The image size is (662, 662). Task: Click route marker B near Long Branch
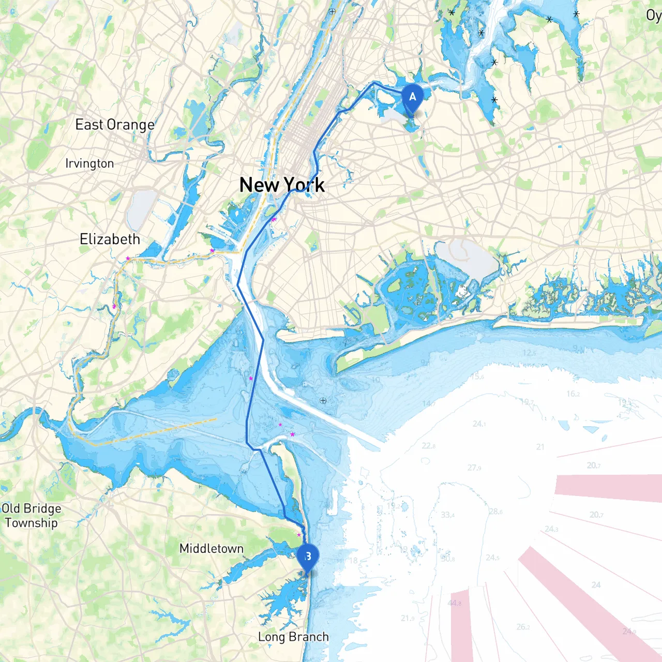[x=308, y=557]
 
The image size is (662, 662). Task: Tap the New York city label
[x=282, y=185]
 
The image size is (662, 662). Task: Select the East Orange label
[x=115, y=125]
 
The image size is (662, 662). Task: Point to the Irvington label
[x=89, y=163]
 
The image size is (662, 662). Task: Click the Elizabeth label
[x=110, y=239]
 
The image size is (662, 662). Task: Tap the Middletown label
[x=211, y=548]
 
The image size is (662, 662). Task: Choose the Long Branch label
[x=293, y=637]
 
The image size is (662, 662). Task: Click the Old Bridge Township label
[x=31, y=516]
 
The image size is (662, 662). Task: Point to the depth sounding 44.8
[x=455, y=603]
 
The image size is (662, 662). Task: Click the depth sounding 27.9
[x=474, y=468]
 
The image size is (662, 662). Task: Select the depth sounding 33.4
[x=448, y=515]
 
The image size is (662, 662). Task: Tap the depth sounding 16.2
[x=573, y=394]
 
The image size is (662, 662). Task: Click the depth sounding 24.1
[x=479, y=424]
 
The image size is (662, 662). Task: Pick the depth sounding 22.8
[x=428, y=445]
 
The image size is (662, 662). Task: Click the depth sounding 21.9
[x=408, y=618]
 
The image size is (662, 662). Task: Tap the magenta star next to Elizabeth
[x=128, y=258]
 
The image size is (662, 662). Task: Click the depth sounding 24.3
[x=551, y=529]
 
